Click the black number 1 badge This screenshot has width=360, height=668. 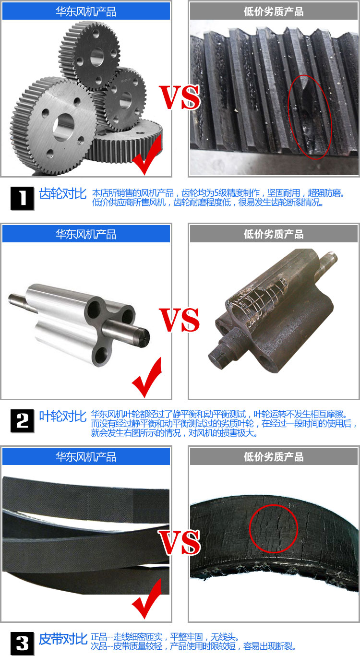pos(23,198)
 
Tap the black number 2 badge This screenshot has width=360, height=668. pos(23,421)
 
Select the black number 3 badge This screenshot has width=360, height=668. pos(23,643)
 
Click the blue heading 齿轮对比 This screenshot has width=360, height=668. pos(62,194)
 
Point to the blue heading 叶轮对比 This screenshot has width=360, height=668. pos(62,416)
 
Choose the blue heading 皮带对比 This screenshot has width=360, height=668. pos(62,639)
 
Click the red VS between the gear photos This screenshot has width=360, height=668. pos(180,97)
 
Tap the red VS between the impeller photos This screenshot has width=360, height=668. pos(180,320)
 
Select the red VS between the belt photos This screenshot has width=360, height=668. pos(180,542)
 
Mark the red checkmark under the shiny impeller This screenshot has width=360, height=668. pos(147,377)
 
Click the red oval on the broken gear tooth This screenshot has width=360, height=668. pos(310,116)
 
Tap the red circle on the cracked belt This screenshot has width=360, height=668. pos(274,528)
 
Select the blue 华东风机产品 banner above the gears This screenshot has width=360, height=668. pos(86,11)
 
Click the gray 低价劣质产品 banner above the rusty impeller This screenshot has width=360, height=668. pos(274,234)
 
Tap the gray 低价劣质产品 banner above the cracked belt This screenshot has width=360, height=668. pos(274,456)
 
